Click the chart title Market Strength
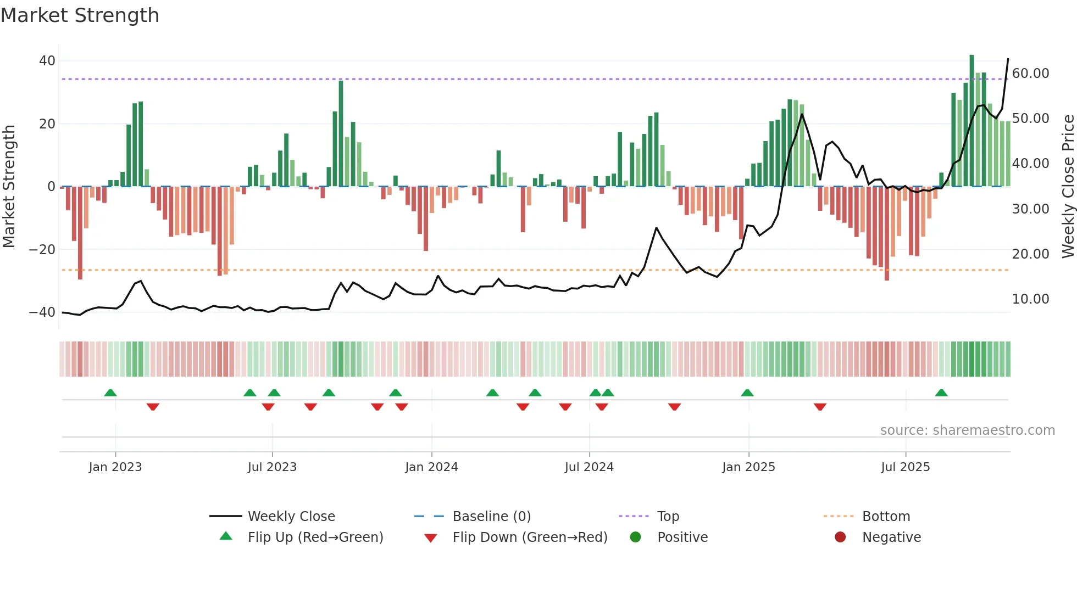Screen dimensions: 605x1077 [80, 15]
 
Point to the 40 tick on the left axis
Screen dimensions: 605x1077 [47, 61]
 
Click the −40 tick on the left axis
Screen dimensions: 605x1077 [43, 312]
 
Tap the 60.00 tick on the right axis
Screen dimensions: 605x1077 [1030, 74]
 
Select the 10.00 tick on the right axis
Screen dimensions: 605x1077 [1030, 299]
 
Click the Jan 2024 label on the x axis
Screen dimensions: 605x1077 [431, 467]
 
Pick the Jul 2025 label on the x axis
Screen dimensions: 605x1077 [905, 467]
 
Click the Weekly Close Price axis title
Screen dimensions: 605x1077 [1068, 187]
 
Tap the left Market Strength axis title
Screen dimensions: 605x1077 [9, 187]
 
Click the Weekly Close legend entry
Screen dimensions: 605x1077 [291, 517]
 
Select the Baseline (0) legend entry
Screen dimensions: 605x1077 [491, 517]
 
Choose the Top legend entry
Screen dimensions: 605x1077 [668, 517]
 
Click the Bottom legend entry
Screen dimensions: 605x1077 [886, 517]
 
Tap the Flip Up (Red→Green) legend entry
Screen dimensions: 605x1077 [315, 537]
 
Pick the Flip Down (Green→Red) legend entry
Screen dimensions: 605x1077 [530, 537]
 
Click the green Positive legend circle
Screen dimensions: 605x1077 [636, 537]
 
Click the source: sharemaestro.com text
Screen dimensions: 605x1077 [967, 430]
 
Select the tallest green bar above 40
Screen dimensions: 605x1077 [971, 121]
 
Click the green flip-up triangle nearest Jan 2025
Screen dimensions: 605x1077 [747, 393]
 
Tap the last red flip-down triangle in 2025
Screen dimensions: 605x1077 [820, 407]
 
